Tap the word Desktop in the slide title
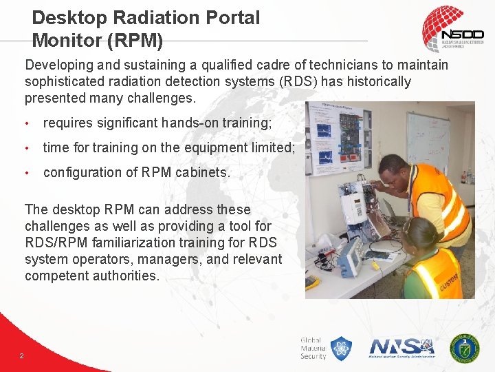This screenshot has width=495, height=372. click(67, 18)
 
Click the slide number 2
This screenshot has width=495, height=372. click(22, 355)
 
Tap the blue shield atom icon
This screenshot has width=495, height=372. click(342, 348)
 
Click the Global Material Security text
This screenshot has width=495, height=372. click(313, 348)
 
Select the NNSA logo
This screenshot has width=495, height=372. click(402, 347)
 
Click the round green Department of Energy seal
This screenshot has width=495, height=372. click(464, 348)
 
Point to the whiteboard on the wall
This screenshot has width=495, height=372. click(427, 141)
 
